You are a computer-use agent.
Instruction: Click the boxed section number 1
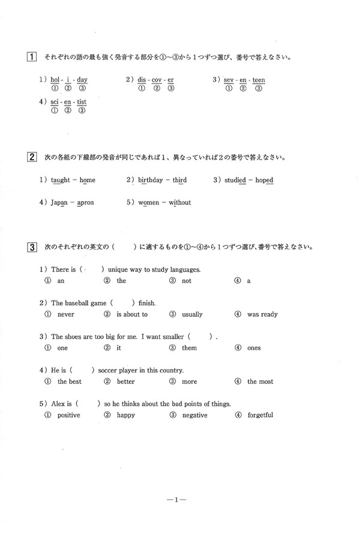point(30,58)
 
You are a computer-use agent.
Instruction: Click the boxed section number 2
point(30,158)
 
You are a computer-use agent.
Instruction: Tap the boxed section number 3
point(30,247)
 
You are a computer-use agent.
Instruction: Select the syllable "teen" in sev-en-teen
point(259,80)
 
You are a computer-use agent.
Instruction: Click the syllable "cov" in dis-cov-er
point(157,80)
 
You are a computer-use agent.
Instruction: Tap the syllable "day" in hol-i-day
point(83,80)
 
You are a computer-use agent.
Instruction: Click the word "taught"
point(61,180)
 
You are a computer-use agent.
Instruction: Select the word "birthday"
point(151,180)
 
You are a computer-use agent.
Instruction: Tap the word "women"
point(149,203)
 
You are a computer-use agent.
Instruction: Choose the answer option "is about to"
point(131,314)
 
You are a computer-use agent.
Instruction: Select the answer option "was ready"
point(262,314)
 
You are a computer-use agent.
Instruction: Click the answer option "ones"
point(254,348)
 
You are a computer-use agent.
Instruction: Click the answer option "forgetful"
point(260,415)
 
